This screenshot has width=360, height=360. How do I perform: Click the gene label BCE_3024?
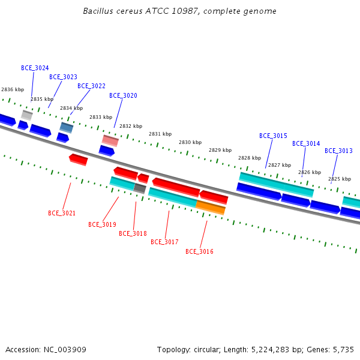coord(35,68)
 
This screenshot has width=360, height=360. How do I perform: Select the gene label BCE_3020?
coord(123,95)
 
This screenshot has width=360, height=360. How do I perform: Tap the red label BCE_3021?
coord(62,213)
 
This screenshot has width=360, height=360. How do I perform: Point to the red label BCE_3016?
coord(199,251)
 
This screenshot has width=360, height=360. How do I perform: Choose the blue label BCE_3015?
coord(273,136)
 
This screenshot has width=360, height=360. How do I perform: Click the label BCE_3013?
coord(338,151)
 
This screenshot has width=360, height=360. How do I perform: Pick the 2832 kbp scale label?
coord(131,126)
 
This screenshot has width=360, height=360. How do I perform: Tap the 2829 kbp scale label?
coord(220,150)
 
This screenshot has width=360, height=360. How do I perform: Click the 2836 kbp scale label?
coord(13,89)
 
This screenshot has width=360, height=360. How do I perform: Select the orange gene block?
coord(211,208)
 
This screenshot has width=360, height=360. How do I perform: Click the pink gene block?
coord(110,141)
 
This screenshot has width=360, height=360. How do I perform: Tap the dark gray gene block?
coord(140,188)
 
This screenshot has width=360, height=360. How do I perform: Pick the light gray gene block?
coord(27,115)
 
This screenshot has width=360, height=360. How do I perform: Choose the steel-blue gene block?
coord(67,127)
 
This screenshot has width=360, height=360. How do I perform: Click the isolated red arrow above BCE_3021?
coord(78,160)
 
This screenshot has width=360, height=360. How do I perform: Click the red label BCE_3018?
coord(133,233)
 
